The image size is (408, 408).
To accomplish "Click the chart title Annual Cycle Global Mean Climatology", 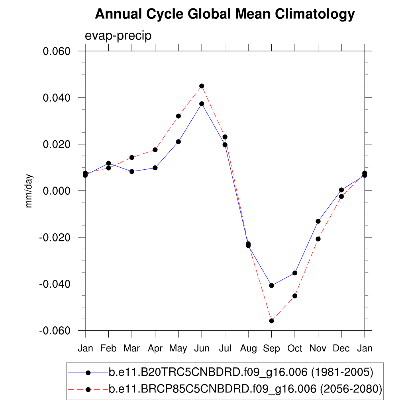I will [225, 14].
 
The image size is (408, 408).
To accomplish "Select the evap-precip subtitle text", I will [118, 36].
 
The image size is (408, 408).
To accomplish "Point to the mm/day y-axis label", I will [29, 191].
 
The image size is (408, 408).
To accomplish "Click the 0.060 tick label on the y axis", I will [57, 51].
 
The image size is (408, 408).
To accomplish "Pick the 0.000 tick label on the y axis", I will [57, 191].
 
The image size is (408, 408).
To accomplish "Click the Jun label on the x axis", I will [202, 349].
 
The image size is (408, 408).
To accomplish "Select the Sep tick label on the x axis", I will [271, 349].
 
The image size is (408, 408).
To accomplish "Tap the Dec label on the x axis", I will [341, 349].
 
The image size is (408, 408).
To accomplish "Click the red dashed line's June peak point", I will [202, 86].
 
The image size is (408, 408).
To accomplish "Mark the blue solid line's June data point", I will [202, 104].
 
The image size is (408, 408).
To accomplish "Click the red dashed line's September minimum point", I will [271, 321].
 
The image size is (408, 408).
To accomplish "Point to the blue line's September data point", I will [271, 285].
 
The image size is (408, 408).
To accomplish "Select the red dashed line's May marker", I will [178, 116].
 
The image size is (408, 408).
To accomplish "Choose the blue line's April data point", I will [155, 168].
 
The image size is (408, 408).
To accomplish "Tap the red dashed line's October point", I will [295, 296].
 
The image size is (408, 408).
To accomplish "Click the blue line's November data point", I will [318, 221].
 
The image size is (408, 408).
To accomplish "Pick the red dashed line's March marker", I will [132, 157].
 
